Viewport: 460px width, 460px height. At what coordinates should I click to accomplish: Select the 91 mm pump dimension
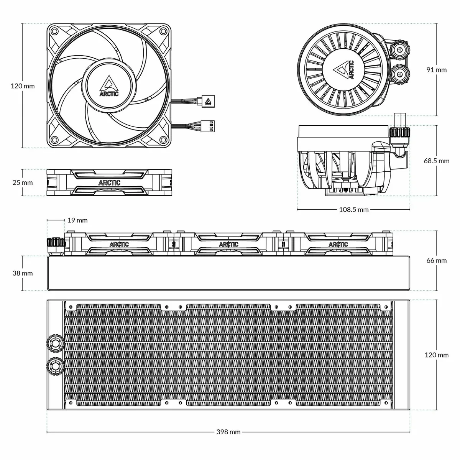pos(437,70)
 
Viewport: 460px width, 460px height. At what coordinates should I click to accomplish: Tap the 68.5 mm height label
pos(437,161)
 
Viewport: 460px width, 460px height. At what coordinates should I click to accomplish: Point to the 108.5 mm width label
pos(353,210)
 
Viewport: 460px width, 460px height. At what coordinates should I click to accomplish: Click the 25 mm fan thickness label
pos(22,183)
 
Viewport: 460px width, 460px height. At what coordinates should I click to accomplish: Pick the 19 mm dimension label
pos(77,220)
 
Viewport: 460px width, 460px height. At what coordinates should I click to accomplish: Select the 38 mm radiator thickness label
pos(22,273)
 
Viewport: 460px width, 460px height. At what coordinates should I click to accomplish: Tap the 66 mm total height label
pos(437,260)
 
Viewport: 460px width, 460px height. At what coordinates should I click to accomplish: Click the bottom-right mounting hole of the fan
pos(163,139)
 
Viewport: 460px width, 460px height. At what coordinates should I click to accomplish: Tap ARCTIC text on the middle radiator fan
pos(228,244)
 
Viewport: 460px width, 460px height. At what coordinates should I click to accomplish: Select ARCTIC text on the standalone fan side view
pos(109,183)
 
